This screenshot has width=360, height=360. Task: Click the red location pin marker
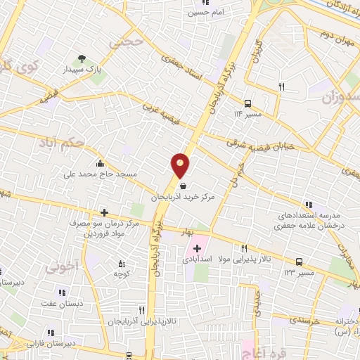tap(181, 166)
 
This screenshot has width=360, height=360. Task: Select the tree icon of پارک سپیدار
tap(82, 59)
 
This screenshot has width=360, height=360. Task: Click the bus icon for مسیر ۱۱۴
tap(247, 102)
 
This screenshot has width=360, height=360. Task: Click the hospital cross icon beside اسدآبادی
tap(197, 248)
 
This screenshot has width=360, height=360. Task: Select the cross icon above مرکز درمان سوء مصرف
tap(104, 212)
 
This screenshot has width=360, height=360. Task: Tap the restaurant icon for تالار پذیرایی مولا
tap(245, 248)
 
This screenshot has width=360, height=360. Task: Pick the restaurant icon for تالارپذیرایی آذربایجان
tap(141, 310)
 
